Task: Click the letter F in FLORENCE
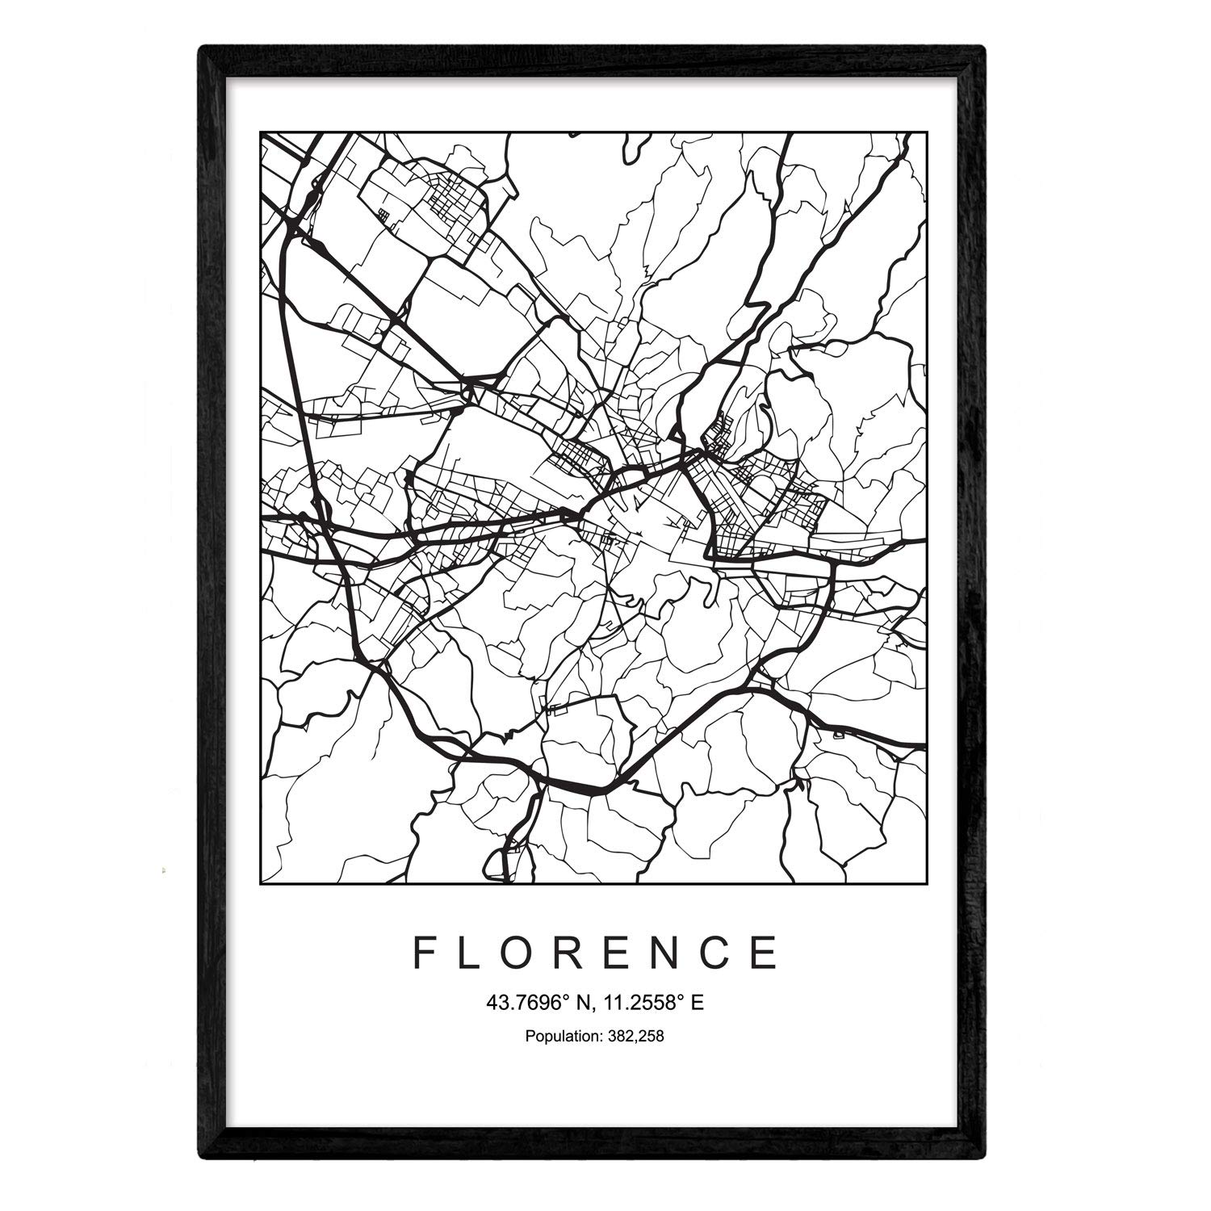point(425,953)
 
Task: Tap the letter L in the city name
point(475,953)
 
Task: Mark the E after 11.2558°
point(698,1004)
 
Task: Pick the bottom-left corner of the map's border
point(259,883)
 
